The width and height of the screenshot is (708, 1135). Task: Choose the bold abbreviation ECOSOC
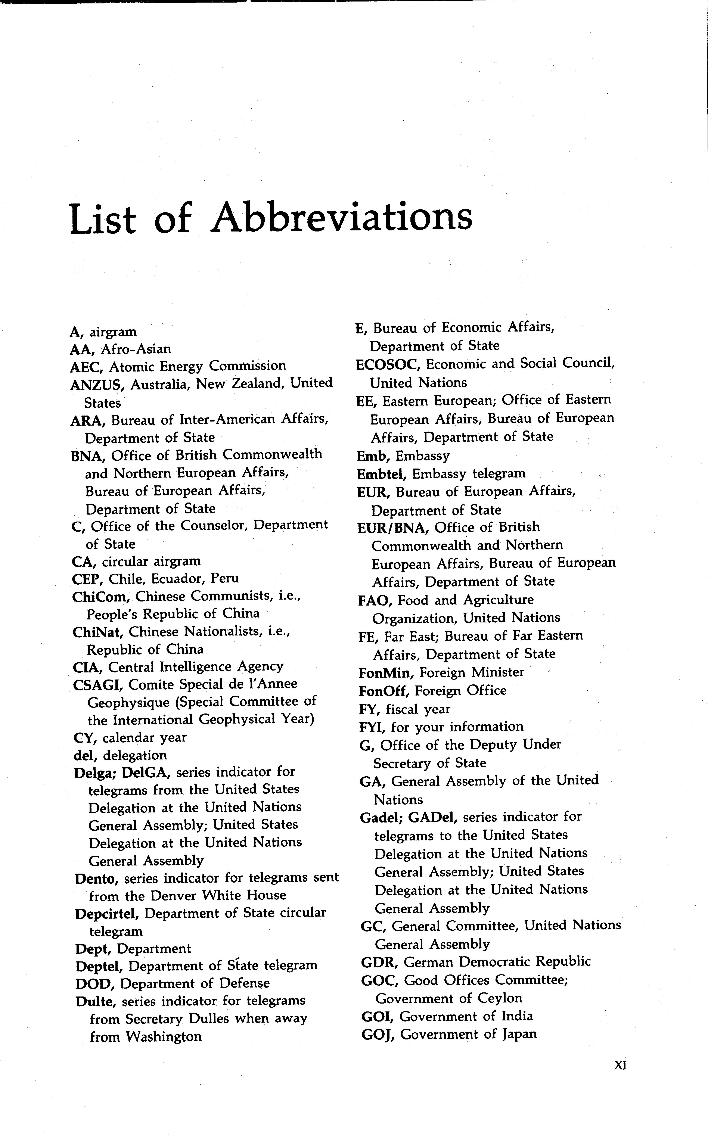tap(389, 364)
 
